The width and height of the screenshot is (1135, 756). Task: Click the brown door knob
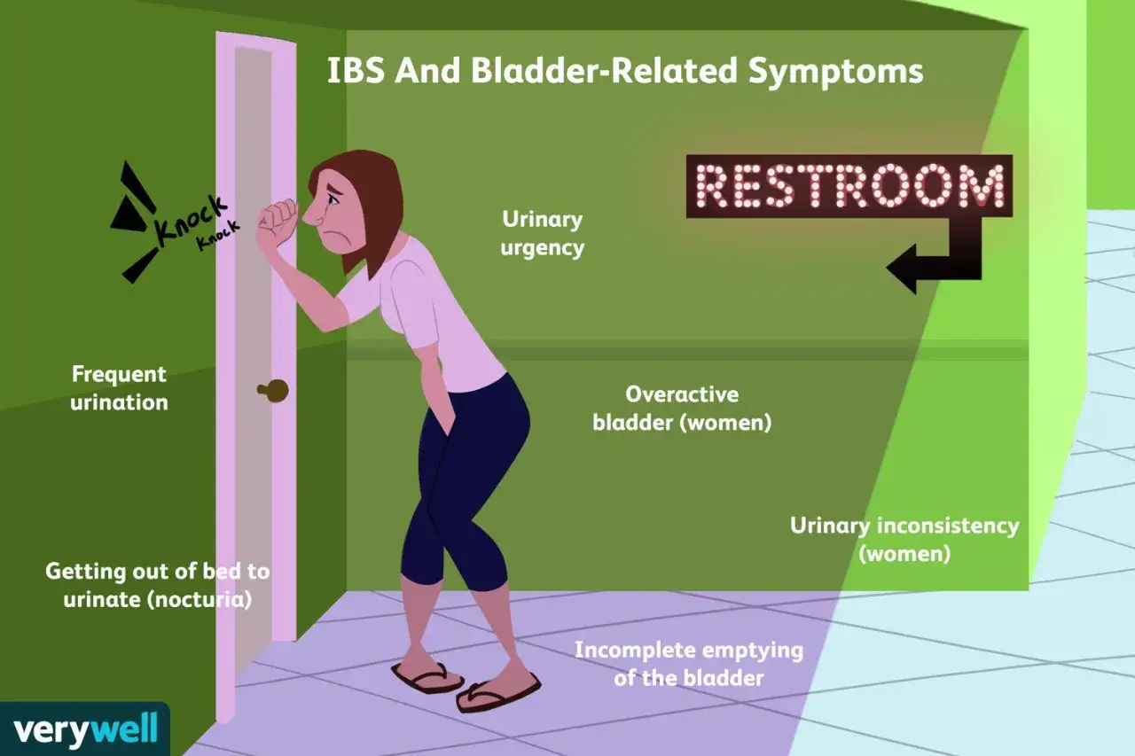274,390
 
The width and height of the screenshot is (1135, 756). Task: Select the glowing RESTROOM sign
849,186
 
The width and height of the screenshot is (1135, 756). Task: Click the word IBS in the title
356,70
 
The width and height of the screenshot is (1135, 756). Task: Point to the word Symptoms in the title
835,72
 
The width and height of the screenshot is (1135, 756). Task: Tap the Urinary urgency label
542,233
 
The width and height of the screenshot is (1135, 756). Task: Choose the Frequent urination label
119,388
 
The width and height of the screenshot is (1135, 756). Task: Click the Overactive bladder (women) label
682,409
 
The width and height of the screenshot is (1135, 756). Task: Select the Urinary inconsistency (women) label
904,539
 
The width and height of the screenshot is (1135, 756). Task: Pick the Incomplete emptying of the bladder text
689,664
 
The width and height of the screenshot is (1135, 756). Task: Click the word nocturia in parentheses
200,599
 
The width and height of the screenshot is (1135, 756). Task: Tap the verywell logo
85,729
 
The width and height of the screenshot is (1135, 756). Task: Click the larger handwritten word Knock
191,220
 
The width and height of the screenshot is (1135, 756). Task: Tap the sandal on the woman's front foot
498,692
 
